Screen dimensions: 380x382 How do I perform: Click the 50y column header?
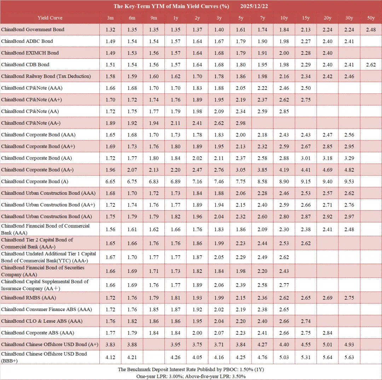click(371, 18)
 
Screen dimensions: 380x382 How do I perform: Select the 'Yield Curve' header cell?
click(50, 18)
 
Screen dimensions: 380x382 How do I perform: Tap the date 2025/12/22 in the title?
click(254, 6)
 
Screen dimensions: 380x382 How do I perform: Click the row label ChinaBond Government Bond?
click(33, 30)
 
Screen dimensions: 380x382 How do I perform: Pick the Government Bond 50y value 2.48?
click(371, 30)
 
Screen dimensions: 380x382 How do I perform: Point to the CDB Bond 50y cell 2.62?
click(371, 65)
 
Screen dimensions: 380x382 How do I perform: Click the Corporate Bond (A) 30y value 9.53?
click(349, 181)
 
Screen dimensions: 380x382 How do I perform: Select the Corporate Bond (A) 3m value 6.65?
click(110, 181)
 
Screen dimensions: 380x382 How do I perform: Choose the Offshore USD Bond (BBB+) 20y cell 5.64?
click(328, 357)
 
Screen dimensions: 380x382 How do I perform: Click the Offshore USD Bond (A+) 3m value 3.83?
click(110, 345)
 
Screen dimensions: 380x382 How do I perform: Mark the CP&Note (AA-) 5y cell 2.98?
click(241, 123)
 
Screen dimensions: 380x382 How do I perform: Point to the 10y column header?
click(284, 18)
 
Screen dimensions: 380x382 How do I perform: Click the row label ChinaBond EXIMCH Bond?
click(30, 53)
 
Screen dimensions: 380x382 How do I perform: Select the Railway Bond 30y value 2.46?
click(349, 76)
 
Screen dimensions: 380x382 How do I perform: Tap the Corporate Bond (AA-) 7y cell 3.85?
click(262, 170)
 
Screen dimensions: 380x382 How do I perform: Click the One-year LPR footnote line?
click(191, 376)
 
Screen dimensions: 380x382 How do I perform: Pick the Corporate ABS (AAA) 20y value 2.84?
click(328, 333)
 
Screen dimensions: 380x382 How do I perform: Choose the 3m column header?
click(110, 18)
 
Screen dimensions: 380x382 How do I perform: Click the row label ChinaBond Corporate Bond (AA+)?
click(38, 146)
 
